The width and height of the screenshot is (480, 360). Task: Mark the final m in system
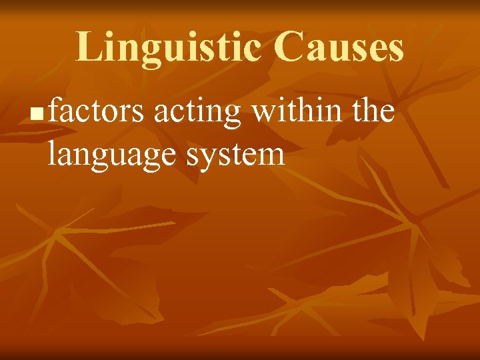271,157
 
